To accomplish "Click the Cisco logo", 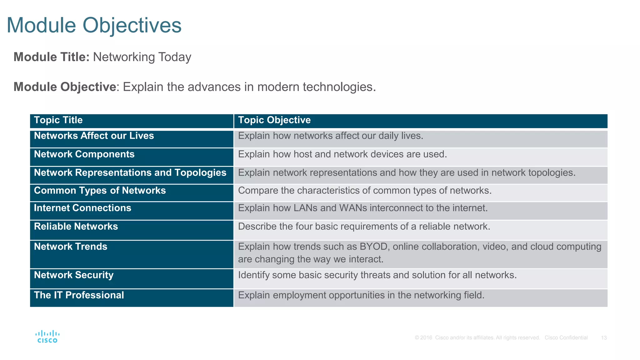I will point(47,337).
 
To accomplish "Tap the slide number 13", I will point(604,338).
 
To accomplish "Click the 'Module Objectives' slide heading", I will point(94,25).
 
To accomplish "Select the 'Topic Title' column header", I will point(58,120).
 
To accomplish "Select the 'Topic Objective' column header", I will point(274,120).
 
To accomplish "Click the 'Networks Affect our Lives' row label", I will point(94,136).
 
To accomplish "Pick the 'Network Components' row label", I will point(84,154).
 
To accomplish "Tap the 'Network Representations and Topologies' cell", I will point(130,172).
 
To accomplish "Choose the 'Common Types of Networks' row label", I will point(100,190).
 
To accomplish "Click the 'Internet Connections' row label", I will point(82,208).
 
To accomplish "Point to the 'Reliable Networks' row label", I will point(76,226).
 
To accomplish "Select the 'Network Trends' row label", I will point(71,247).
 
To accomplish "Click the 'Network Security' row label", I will point(74,275).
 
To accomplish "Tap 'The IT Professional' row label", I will point(79,295).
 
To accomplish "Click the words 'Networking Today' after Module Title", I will point(142,57).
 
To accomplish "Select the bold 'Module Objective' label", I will point(65,87).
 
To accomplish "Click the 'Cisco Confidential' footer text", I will point(566,338).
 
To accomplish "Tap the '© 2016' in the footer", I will point(423,338).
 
